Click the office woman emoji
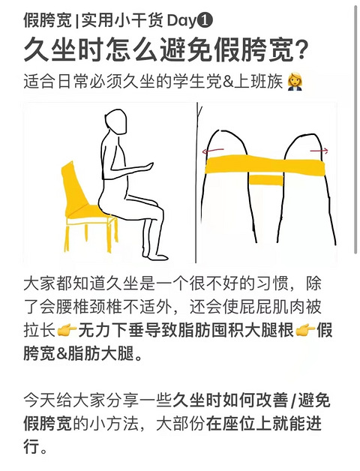pyautogui.click(x=295, y=82)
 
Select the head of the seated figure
pyautogui.click(x=116, y=121)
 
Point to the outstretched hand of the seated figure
pyautogui.click(x=147, y=166)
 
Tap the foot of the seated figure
pyautogui.click(x=155, y=256)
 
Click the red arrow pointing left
pyautogui.click(x=213, y=150)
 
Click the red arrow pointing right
pyautogui.click(x=319, y=151)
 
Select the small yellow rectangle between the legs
pyautogui.click(x=266, y=180)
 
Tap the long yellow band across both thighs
pyautogui.click(x=265, y=166)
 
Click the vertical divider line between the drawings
pyautogui.click(x=196, y=183)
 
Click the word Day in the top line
pyautogui.click(x=181, y=21)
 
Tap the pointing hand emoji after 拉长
pyautogui.click(x=67, y=331)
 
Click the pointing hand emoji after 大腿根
pyautogui.click(x=305, y=331)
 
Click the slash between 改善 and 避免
pyautogui.click(x=293, y=400)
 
